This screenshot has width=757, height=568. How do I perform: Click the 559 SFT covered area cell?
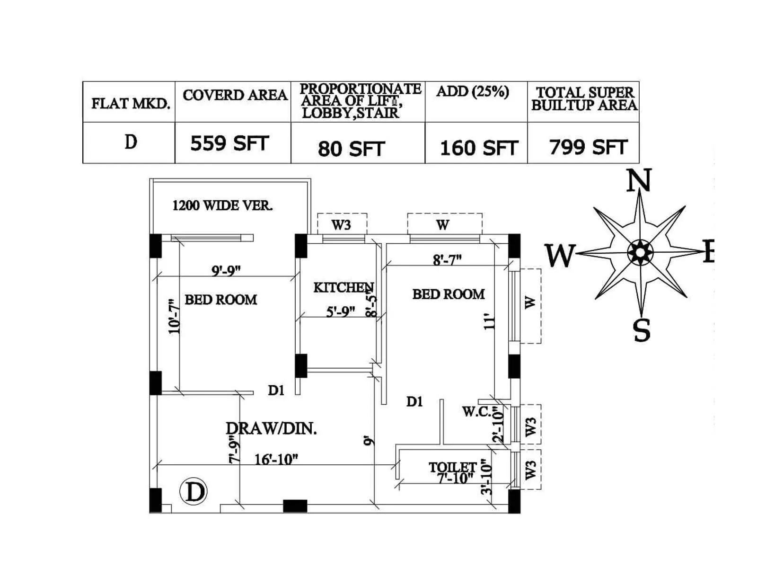click(229, 143)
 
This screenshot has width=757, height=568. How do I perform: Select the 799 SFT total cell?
click(588, 147)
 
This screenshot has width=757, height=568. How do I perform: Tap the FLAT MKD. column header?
click(131, 103)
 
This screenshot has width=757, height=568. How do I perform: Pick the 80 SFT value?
click(351, 149)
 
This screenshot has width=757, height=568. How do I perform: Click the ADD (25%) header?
click(473, 91)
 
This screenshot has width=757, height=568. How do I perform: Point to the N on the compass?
click(639, 181)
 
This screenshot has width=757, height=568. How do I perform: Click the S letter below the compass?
click(642, 330)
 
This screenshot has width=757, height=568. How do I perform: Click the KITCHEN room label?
click(343, 287)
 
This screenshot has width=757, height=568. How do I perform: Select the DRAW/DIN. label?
click(272, 428)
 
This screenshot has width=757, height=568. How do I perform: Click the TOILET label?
click(452, 468)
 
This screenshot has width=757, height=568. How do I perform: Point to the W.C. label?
click(477, 411)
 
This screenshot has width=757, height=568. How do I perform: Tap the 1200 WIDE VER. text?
click(222, 205)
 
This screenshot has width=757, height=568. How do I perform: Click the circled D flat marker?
click(193, 492)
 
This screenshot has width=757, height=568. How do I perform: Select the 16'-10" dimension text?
click(276, 459)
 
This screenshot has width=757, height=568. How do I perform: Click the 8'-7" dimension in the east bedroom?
click(447, 260)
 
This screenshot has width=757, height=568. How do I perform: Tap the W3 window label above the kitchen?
click(341, 224)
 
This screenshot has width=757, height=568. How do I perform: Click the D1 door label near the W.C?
click(414, 401)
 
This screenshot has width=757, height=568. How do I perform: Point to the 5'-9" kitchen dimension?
click(340, 311)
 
